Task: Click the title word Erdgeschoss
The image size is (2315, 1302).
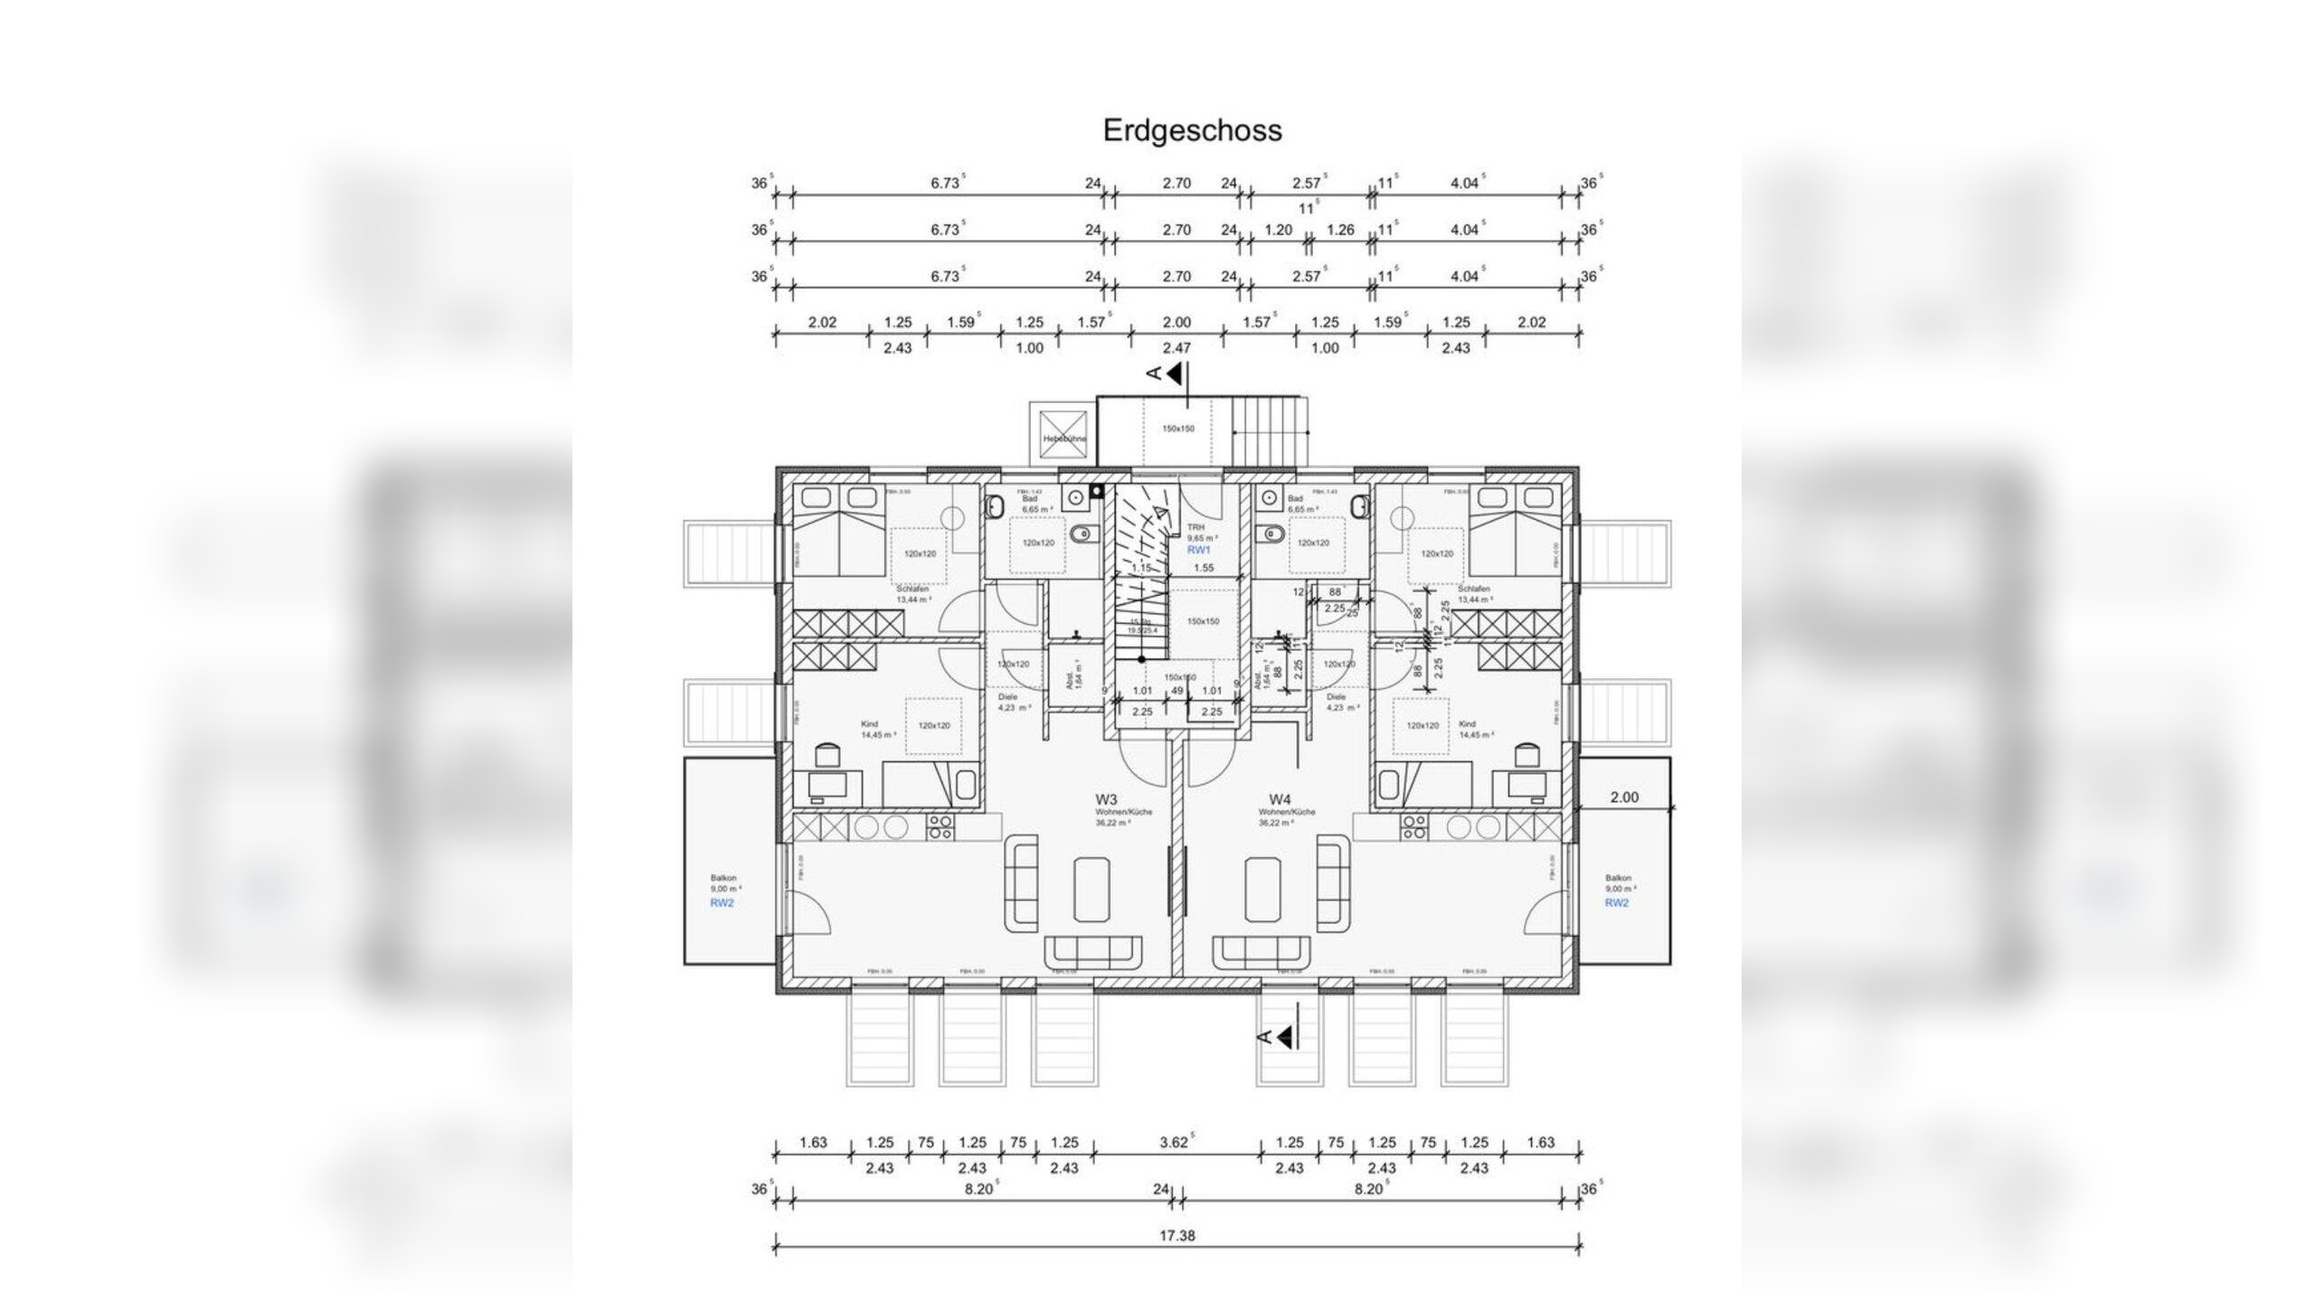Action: [1192, 130]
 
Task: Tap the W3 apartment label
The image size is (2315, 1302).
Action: [1106, 799]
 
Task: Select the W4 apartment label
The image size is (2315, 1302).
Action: [1279, 799]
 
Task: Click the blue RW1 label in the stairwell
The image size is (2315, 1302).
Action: [1198, 550]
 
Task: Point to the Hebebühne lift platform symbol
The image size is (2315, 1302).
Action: [1063, 429]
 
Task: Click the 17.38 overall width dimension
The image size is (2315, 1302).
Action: [1176, 1235]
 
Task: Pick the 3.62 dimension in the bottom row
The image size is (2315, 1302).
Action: [1174, 1143]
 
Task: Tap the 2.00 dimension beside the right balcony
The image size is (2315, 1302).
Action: [1624, 797]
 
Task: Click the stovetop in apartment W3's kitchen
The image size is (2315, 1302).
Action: [939, 827]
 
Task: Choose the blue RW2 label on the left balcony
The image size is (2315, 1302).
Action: [721, 903]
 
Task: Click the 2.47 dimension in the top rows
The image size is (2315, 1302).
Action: [1176, 348]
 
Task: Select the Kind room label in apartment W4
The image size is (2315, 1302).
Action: [1468, 724]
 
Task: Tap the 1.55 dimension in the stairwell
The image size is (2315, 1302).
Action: [1204, 569]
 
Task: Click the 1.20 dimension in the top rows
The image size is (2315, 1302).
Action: [1278, 231]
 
